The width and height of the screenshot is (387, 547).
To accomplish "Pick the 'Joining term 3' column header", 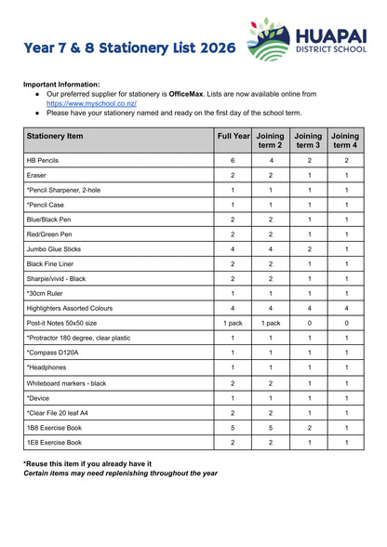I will coord(309,140).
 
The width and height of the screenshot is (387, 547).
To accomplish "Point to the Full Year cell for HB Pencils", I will coord(233,160).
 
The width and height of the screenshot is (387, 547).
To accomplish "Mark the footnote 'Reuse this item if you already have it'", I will coord(87,462).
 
